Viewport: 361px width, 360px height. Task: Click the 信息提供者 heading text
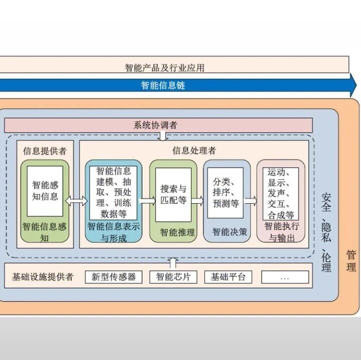click(45, 150)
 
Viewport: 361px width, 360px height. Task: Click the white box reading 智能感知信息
click(45, 191)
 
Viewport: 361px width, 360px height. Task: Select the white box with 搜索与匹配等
click(173, 195)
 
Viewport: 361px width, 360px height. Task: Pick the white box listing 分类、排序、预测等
click(226, 193)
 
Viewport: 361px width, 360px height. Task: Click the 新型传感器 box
click(114, 277)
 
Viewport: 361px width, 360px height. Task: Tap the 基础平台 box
click(228, 277)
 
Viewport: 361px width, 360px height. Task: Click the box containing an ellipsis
click(285, 277)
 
